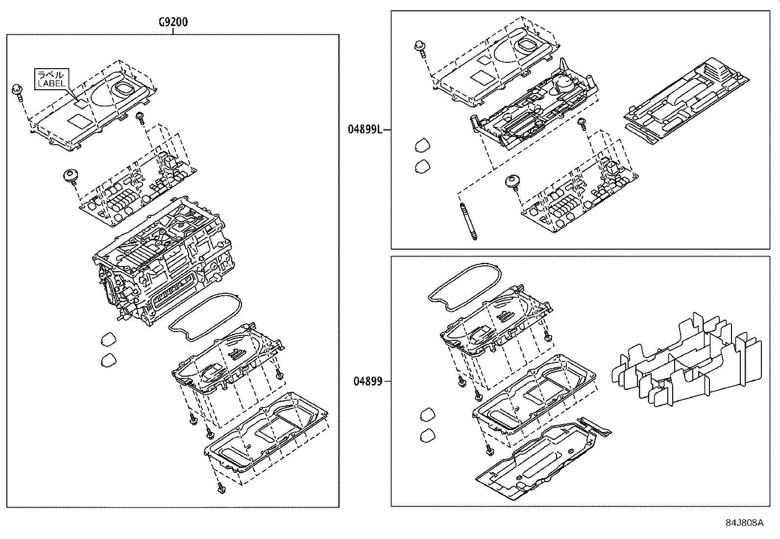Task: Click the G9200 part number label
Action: (173, 22)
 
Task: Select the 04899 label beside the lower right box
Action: (367, 381)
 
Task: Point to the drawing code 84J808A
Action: (744, 523)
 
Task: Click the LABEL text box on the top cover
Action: (51, 78)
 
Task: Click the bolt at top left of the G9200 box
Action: (18, 91)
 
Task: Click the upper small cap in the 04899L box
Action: (422, 146)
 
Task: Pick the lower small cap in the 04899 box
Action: (428, 435)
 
